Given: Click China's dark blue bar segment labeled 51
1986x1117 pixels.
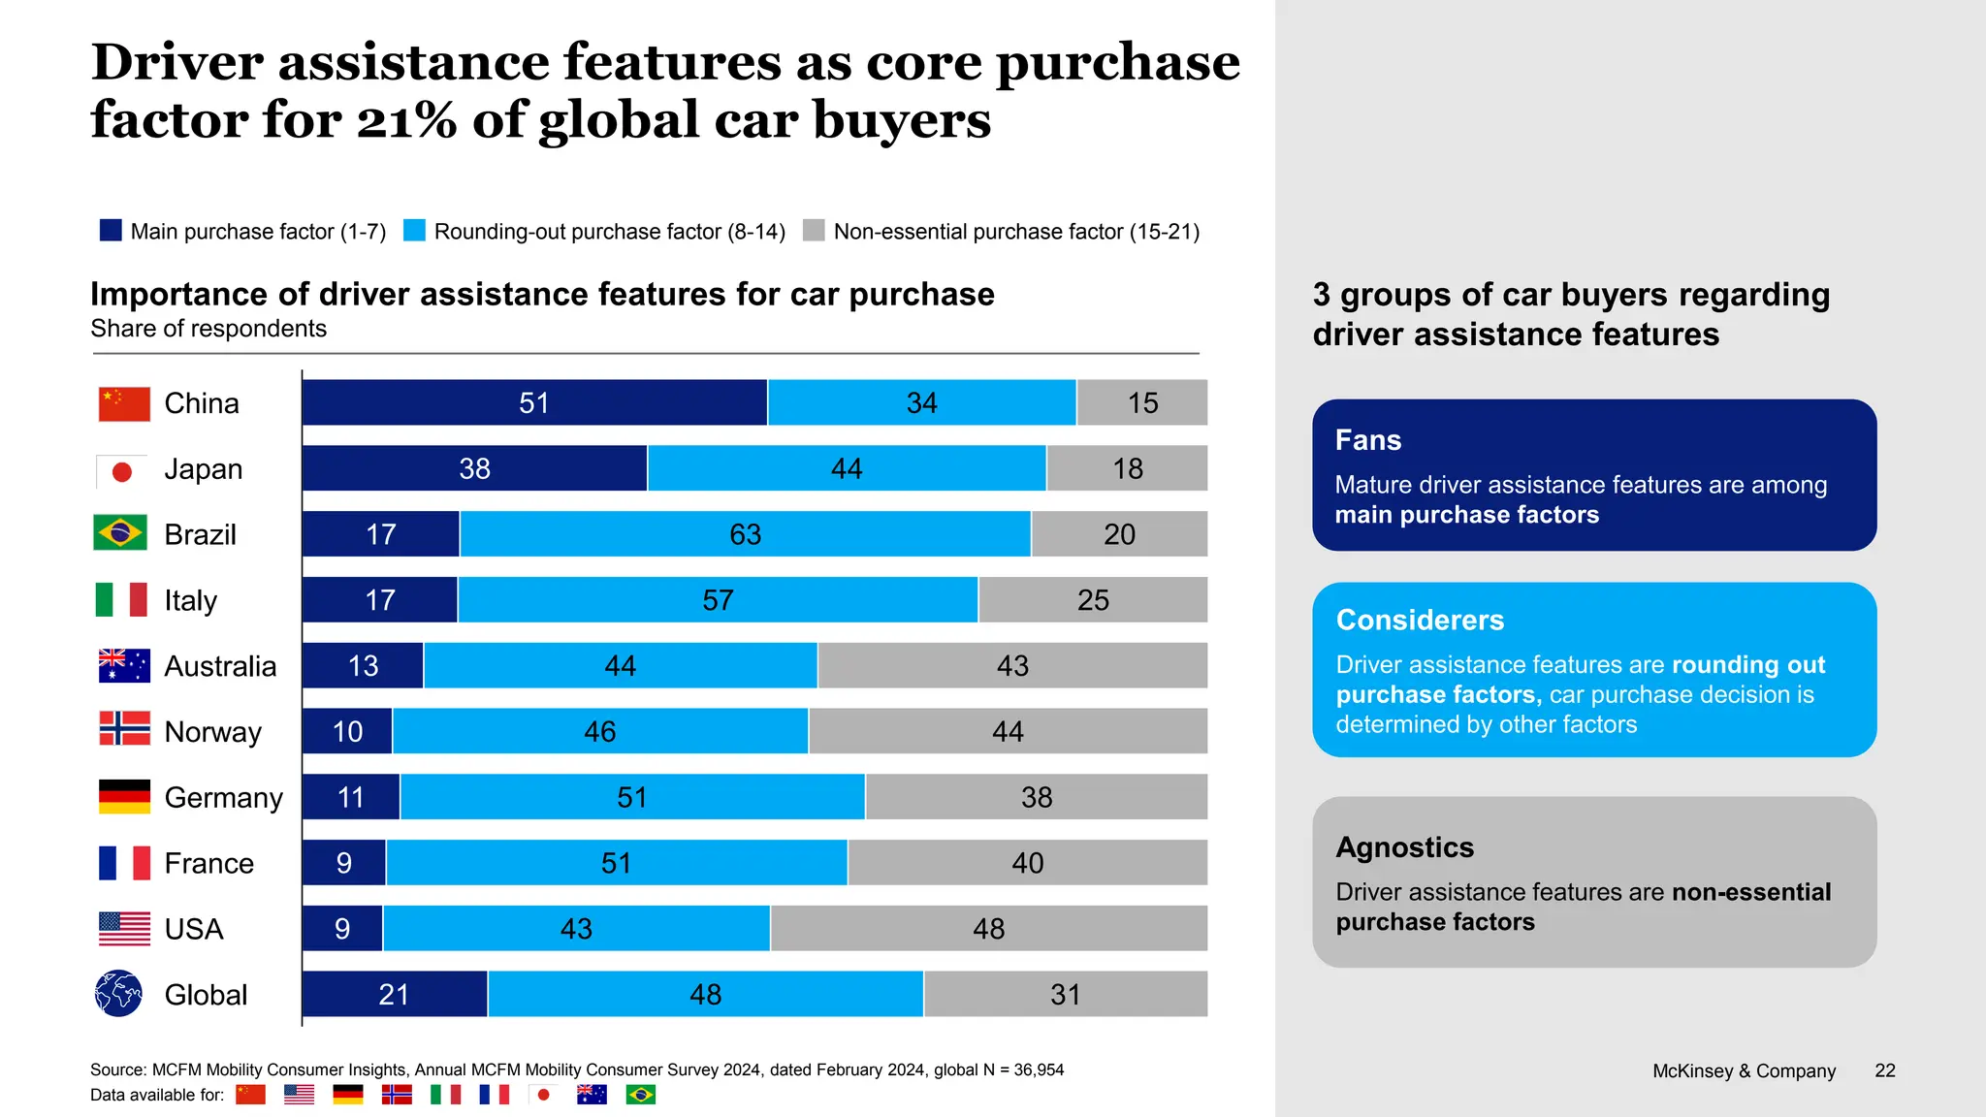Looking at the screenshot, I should click(x=534, y=402).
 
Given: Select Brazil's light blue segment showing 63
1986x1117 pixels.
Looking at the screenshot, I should click(x=745, y=534).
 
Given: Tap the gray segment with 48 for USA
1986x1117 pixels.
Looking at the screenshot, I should click(x=988, y=929).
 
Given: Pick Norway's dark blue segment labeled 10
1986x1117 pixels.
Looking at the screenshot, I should click(x=347, y=731).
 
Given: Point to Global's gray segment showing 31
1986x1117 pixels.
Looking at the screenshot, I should click(x=1065, y=995).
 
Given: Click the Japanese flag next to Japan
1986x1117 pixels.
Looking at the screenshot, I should click(x=122, y=471).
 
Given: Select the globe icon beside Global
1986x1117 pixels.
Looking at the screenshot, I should click(x=119, y=994).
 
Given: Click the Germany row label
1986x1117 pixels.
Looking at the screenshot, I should click(x=223, y=797).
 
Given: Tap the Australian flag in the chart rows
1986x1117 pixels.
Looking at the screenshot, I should click(x=124, y=666).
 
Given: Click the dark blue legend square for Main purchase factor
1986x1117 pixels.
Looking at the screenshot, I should click(x=111, y=231).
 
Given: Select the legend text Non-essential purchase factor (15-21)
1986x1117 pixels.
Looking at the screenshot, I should click(x=1016, y=232).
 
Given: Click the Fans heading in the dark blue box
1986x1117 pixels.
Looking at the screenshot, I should click(x=1367, y=440).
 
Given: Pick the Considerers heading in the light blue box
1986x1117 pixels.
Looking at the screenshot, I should click(x=1420, y=620).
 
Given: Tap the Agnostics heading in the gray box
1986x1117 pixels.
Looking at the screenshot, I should click(x=1404, y=847).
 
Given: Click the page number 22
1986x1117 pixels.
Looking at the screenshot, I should click(x=1884, y=1070).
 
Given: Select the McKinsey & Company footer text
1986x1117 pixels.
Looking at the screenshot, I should click(x=1744, y=1070).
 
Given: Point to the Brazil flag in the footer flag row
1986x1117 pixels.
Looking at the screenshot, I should click(x=640, y=1095).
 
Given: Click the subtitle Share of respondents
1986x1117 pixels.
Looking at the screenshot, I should click(x=208, y=329).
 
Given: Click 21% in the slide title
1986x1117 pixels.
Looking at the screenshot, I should click(x=406, y=121).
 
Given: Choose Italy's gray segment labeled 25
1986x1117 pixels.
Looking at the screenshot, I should click(x=1093, y=600).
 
